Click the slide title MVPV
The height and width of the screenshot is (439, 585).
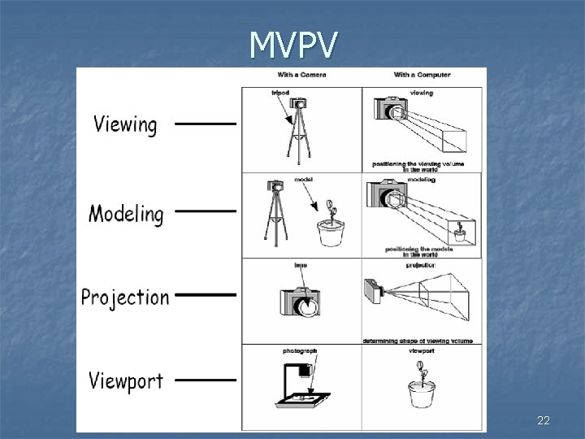(292, 46)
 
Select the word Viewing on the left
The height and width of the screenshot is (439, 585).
(125, 125)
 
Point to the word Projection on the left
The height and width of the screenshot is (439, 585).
(125, 298)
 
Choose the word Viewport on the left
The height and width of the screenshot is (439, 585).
(126, 380)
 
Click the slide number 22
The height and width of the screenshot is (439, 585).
(544, 420)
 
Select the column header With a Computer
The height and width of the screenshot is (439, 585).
(422, 76)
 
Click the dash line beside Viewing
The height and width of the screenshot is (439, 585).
(205, 125)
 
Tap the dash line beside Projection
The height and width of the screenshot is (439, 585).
(205, 294)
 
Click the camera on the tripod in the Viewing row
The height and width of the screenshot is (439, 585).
(301, 106)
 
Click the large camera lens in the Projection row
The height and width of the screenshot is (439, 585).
(307, 306)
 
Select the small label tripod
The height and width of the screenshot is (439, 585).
(280, 93)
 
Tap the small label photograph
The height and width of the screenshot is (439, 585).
(300, 351)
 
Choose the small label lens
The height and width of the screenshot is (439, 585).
(300, 265)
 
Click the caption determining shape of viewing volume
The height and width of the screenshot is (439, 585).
(418, 341)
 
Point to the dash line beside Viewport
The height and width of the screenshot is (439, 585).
(205, 379)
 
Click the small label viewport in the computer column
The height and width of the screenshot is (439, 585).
(422, 351)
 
